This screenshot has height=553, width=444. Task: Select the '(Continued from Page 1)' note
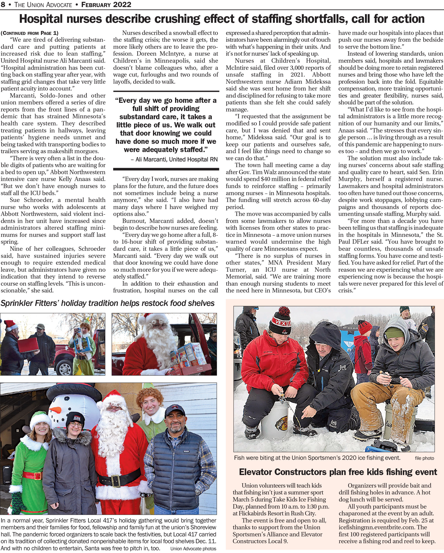pos(29,33)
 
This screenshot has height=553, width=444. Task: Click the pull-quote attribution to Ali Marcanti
pos(174,159)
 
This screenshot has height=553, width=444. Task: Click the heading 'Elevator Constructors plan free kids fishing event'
pos(338,472)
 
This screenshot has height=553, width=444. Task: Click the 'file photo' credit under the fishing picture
pos(424,458)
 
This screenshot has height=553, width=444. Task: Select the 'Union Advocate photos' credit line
pos(193,549)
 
